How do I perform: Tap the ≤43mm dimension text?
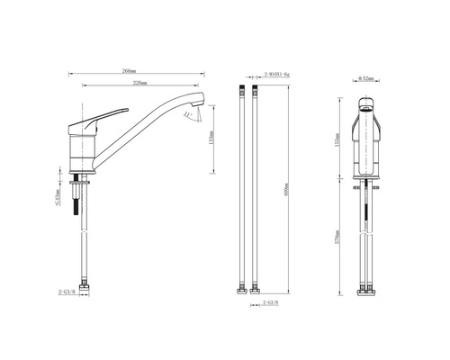58,199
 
